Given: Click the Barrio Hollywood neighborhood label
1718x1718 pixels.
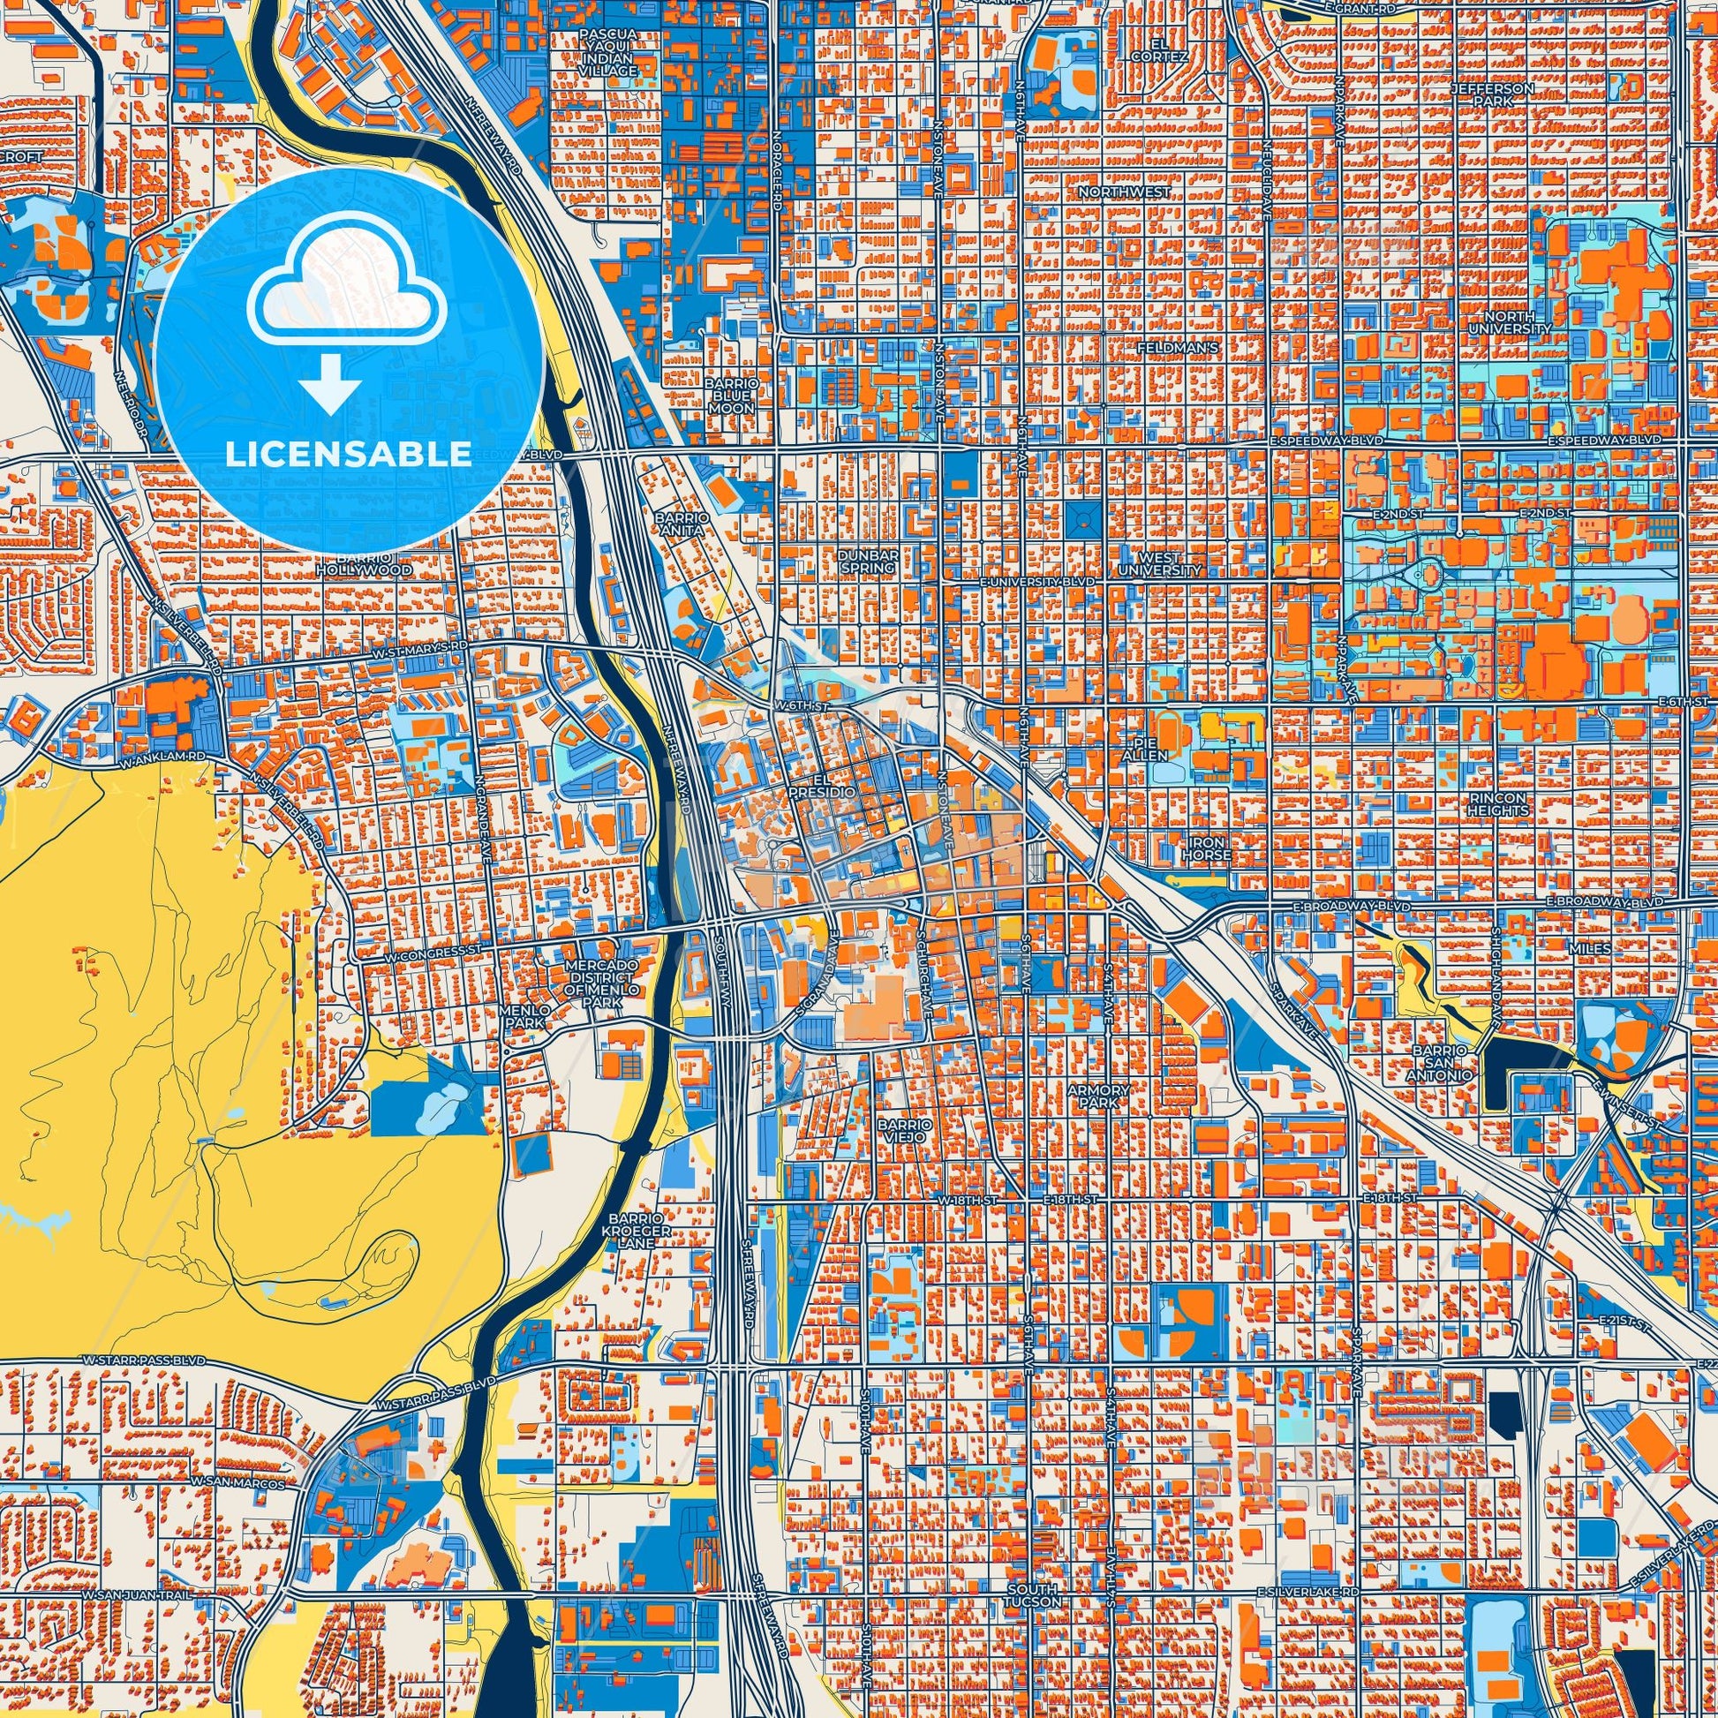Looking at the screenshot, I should (369, 563).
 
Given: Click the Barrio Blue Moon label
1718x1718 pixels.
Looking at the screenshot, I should (732, 396).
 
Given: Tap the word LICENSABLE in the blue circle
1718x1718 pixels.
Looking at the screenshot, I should (349, 454).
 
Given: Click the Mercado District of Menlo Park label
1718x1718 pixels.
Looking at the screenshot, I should (602, 983).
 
